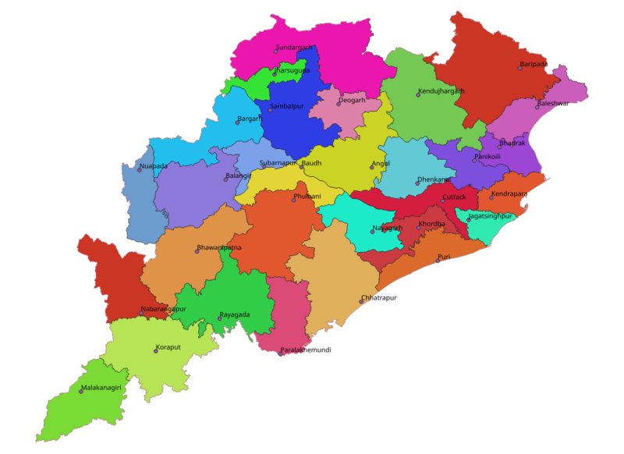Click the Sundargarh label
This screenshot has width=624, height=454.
[294, 48]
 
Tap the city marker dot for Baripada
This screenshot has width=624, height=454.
[520, 68]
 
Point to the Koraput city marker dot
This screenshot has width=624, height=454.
[156, 351]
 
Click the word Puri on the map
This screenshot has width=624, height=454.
[444, 257]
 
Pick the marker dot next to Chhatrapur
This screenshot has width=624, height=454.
[360, 302]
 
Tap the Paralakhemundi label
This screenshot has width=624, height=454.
[306, 350]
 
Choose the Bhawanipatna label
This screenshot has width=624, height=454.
[220, 247]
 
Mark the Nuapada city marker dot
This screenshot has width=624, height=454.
[140, 170]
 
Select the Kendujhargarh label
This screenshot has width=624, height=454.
[441, 91]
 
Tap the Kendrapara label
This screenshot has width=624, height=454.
[509, 193]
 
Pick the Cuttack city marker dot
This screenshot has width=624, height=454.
[442, 201]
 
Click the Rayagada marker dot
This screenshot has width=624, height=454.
[219, 319]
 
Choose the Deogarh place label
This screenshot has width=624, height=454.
[353, 101]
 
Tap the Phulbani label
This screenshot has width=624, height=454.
[307, 196]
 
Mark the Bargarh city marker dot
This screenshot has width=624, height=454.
[237, 122]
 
